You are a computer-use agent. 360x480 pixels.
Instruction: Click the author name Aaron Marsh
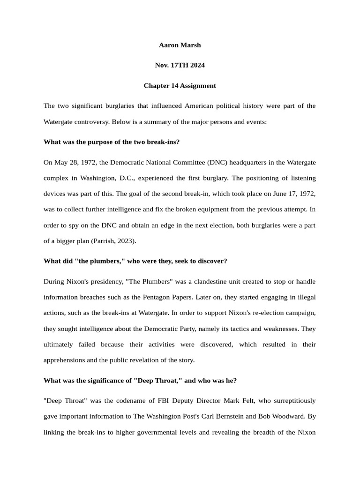[x=180, y=45]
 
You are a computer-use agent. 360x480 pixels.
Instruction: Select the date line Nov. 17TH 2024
[x=180, y=65]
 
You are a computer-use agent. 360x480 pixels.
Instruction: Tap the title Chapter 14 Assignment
[x=180, y=86]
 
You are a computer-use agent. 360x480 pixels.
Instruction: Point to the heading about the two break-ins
[x=112, y=142]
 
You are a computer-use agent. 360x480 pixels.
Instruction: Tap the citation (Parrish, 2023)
[x=113, y=241]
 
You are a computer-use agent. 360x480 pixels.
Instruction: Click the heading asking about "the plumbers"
[x=135, y=261]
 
